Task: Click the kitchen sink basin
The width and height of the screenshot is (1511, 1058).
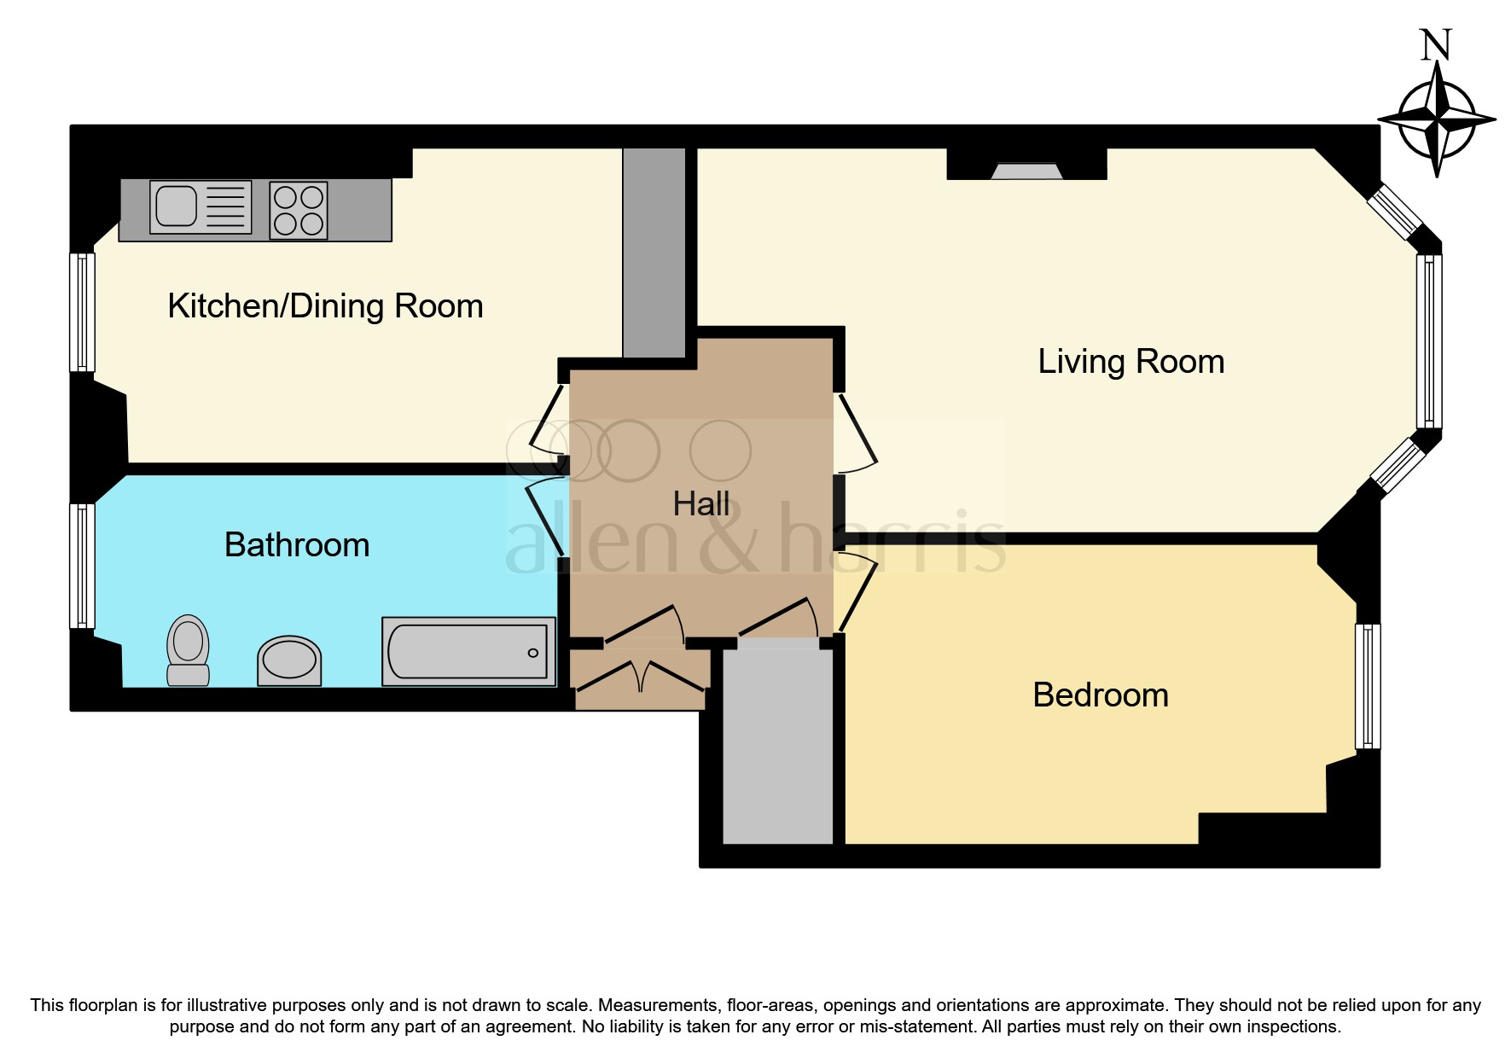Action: (177, 206)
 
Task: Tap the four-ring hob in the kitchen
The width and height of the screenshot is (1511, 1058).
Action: (299, 210)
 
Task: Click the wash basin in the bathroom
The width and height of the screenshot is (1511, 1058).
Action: (289, 660)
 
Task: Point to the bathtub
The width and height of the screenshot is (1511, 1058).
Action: (468, 652)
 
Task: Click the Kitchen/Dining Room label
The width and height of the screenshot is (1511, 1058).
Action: (325, 306)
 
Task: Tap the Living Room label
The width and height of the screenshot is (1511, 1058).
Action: (1130, 362)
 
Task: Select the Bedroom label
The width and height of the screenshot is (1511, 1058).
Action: (1100, 695)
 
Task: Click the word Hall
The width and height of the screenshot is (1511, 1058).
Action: (700, 504)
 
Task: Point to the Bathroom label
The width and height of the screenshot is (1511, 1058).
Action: (297, 545)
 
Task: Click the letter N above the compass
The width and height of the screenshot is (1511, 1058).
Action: (1435, 45)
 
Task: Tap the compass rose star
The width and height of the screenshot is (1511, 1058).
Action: (1437, 119)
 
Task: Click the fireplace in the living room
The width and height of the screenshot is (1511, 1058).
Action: (1026, 171)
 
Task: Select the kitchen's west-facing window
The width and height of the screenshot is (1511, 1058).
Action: (82, 312)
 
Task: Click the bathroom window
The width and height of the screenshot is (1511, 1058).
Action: (82, 566)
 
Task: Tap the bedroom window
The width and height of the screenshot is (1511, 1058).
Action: (1368, 687)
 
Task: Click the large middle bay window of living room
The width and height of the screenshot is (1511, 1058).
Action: (1428, 341)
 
